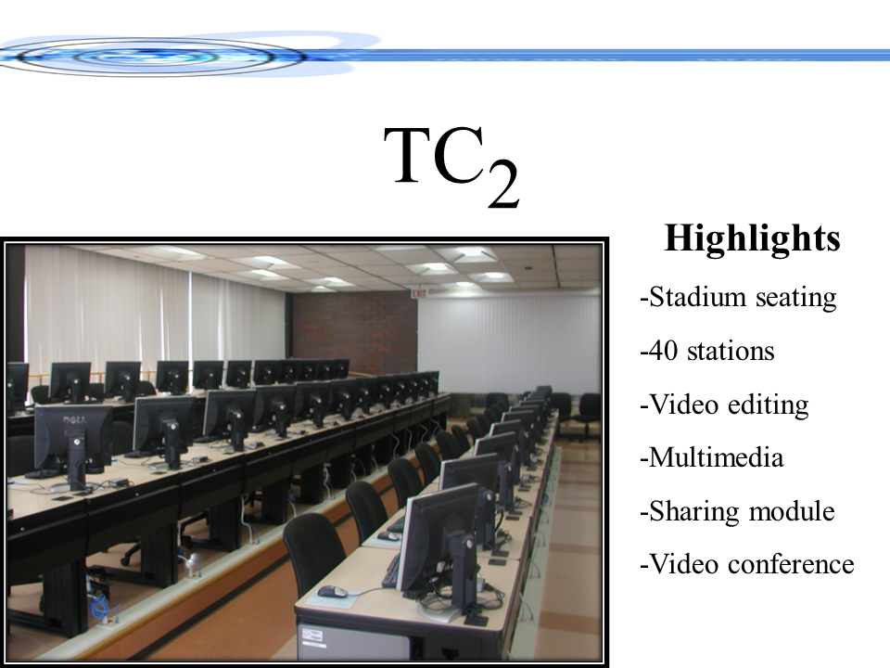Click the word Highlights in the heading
(x=752, y=238)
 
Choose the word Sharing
(x=698, y=512)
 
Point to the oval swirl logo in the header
(x=148, y=57)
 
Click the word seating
(x=795, y=298)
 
